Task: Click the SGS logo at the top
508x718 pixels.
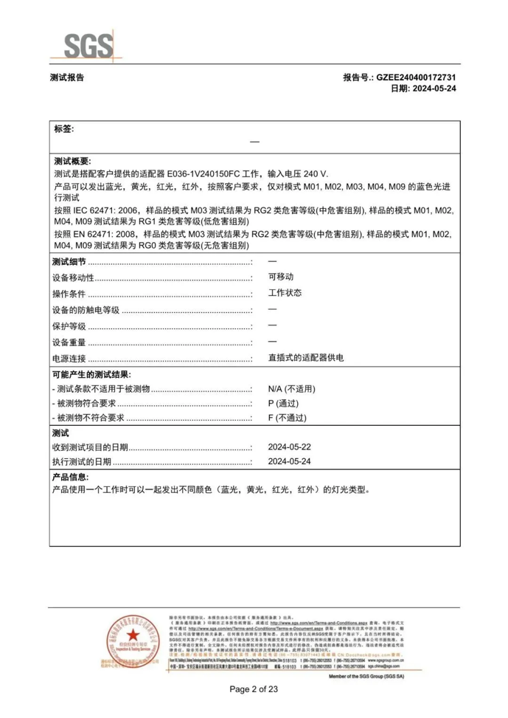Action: click(x=87, y=45)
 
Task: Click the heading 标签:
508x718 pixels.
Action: click(x=64, y=129)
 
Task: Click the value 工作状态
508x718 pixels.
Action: click(x=285, y=293)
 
